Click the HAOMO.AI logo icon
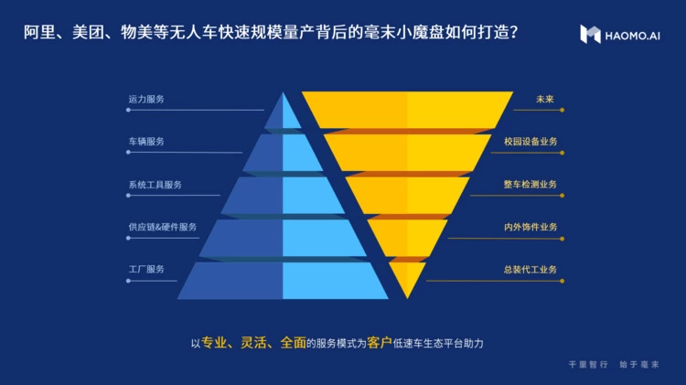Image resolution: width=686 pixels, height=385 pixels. (x=590, y=35)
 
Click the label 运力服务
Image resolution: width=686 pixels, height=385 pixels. (x=146, y=99)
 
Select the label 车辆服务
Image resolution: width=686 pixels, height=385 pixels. (x=146, y=142)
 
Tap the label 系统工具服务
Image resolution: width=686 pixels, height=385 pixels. (x=155, y=185)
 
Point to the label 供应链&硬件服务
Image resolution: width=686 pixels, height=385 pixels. (x=162, y=227)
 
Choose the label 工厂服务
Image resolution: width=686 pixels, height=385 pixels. (x=146, y=269)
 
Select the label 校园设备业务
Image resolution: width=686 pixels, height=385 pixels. (x=530, y=142)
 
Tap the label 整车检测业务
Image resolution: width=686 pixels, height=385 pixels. (x=530, y=185)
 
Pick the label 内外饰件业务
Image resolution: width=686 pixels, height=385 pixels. (x=530, y=227)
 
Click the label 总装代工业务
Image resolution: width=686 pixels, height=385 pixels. (x=530, y=269)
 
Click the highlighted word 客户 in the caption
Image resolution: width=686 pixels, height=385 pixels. (x=379, y=343)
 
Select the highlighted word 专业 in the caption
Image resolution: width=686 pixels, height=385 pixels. (x=212, y=343)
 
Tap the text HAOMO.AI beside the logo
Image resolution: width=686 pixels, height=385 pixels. (x=632, y=36)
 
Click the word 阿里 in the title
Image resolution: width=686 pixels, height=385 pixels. (x=38, y=35)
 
